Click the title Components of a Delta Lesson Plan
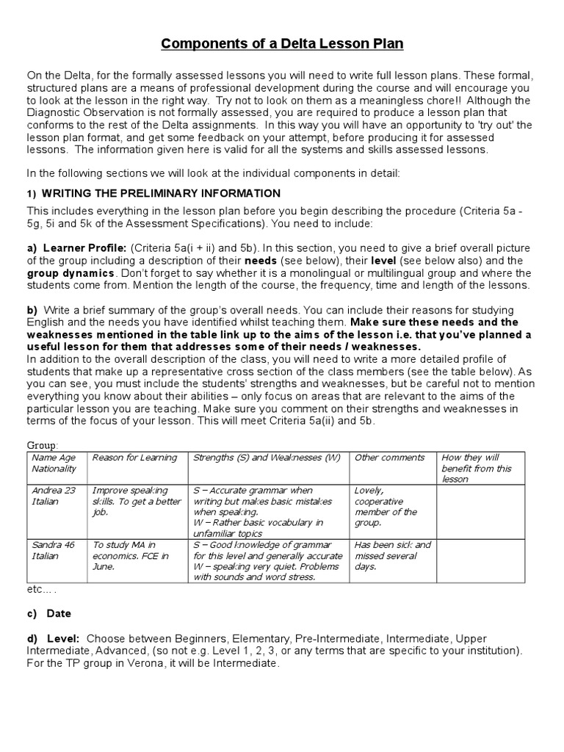(282, 44)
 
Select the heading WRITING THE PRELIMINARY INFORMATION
(161, 193)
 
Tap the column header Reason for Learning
(134, 458)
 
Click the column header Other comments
(389, 458)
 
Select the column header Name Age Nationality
(54, 463)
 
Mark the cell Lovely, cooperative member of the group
(387, 506)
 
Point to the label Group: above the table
(43, 445)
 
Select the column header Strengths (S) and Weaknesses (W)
(267, 458)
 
